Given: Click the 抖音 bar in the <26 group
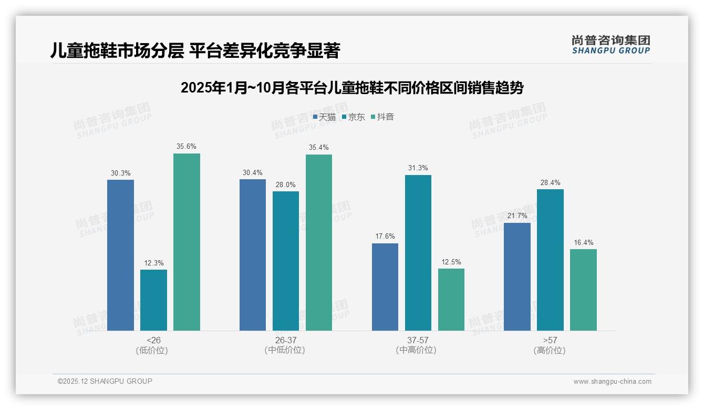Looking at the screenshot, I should tap(187, 242).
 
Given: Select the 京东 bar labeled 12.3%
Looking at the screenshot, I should tap(153, 300).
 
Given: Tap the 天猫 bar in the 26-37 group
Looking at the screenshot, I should tap(253, 255).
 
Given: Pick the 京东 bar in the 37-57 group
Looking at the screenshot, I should tap(418, 253).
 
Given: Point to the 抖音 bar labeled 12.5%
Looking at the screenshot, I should tap(451, 300).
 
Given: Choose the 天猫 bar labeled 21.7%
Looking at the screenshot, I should tap(517, 276).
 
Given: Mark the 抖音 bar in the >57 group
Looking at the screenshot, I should tap(583, 290).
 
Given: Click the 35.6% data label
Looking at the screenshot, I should tap(187, 147).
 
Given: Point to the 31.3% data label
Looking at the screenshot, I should tap(418, 168).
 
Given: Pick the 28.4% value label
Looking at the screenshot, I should tap(550, 182).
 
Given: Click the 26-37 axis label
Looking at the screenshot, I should tap(285, 340).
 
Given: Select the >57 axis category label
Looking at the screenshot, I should tap(550, 340).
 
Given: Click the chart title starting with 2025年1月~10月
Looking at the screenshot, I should tap(352, 88).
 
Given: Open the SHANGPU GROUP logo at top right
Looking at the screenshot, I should tap(610, 44).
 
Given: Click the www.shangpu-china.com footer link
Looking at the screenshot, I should tap(612, 382).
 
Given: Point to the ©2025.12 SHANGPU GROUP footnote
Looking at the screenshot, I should tap(105, 381).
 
